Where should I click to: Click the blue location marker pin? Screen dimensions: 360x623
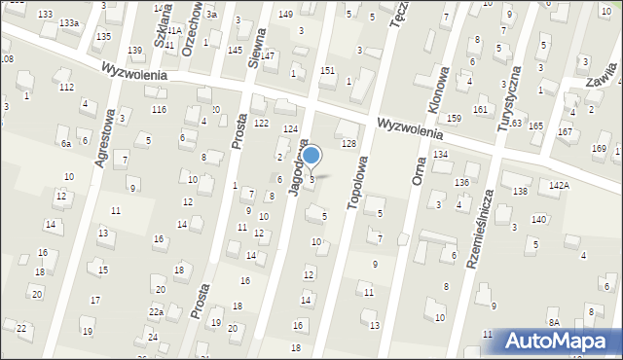point(311,156)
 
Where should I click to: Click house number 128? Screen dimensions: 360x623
point(348,144)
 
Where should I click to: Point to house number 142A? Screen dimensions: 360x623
point(559,185)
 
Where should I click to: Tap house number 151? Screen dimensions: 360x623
point(328,71)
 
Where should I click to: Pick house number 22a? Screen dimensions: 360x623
point(156,311)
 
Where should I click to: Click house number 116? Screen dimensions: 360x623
point(159,109)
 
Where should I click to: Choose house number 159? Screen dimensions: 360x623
point(454,118)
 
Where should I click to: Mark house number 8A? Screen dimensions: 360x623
point(554,322)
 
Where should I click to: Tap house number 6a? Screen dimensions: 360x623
point(66,144)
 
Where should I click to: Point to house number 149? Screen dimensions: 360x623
point(285,14)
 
